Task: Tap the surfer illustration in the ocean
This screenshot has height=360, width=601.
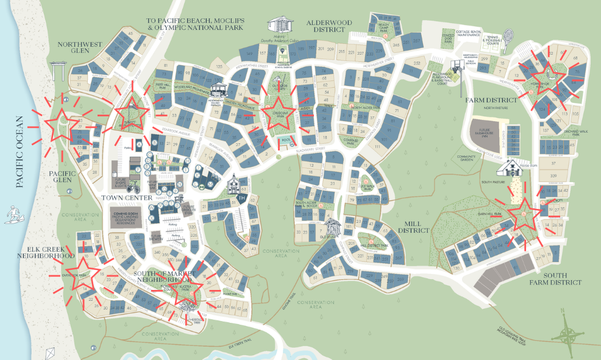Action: point(13,214)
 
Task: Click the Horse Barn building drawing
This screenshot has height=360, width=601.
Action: point(514,167)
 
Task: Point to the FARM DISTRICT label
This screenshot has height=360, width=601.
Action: point(488,99)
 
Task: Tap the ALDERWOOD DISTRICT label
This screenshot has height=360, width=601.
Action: point(329,26)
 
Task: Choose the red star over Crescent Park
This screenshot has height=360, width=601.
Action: point(279,114)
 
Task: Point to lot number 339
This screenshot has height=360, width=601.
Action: point(553,175)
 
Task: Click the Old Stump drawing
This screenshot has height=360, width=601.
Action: point(332,228)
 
